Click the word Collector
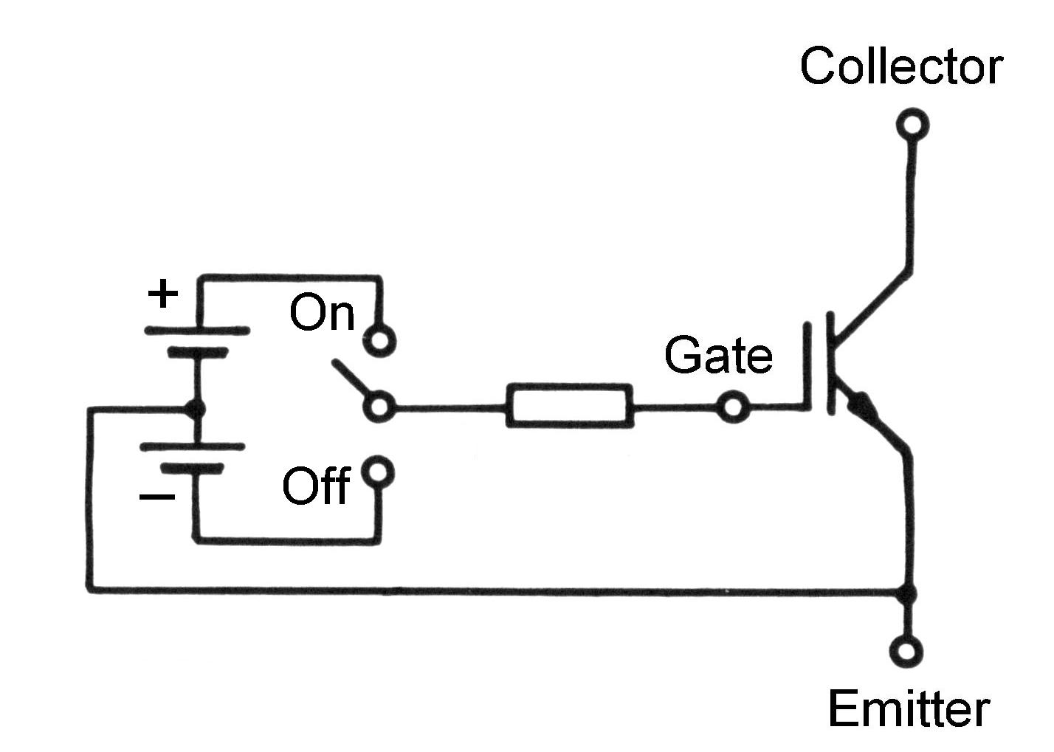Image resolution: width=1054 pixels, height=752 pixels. coord(900,66)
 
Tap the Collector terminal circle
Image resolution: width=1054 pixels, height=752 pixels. coord(912,124)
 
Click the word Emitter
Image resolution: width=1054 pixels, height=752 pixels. coord(908,709)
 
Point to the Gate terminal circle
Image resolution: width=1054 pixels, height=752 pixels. coord(733,407)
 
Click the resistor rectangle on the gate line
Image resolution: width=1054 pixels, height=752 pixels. coord(569,405)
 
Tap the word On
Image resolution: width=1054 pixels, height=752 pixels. coord(322,313)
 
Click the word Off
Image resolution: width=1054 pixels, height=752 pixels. coord(316,486)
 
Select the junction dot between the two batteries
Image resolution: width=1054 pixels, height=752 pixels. coord(195,407)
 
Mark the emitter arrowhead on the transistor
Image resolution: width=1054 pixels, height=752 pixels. coord(861,405)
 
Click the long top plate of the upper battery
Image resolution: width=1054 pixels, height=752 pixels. coord(196,331)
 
